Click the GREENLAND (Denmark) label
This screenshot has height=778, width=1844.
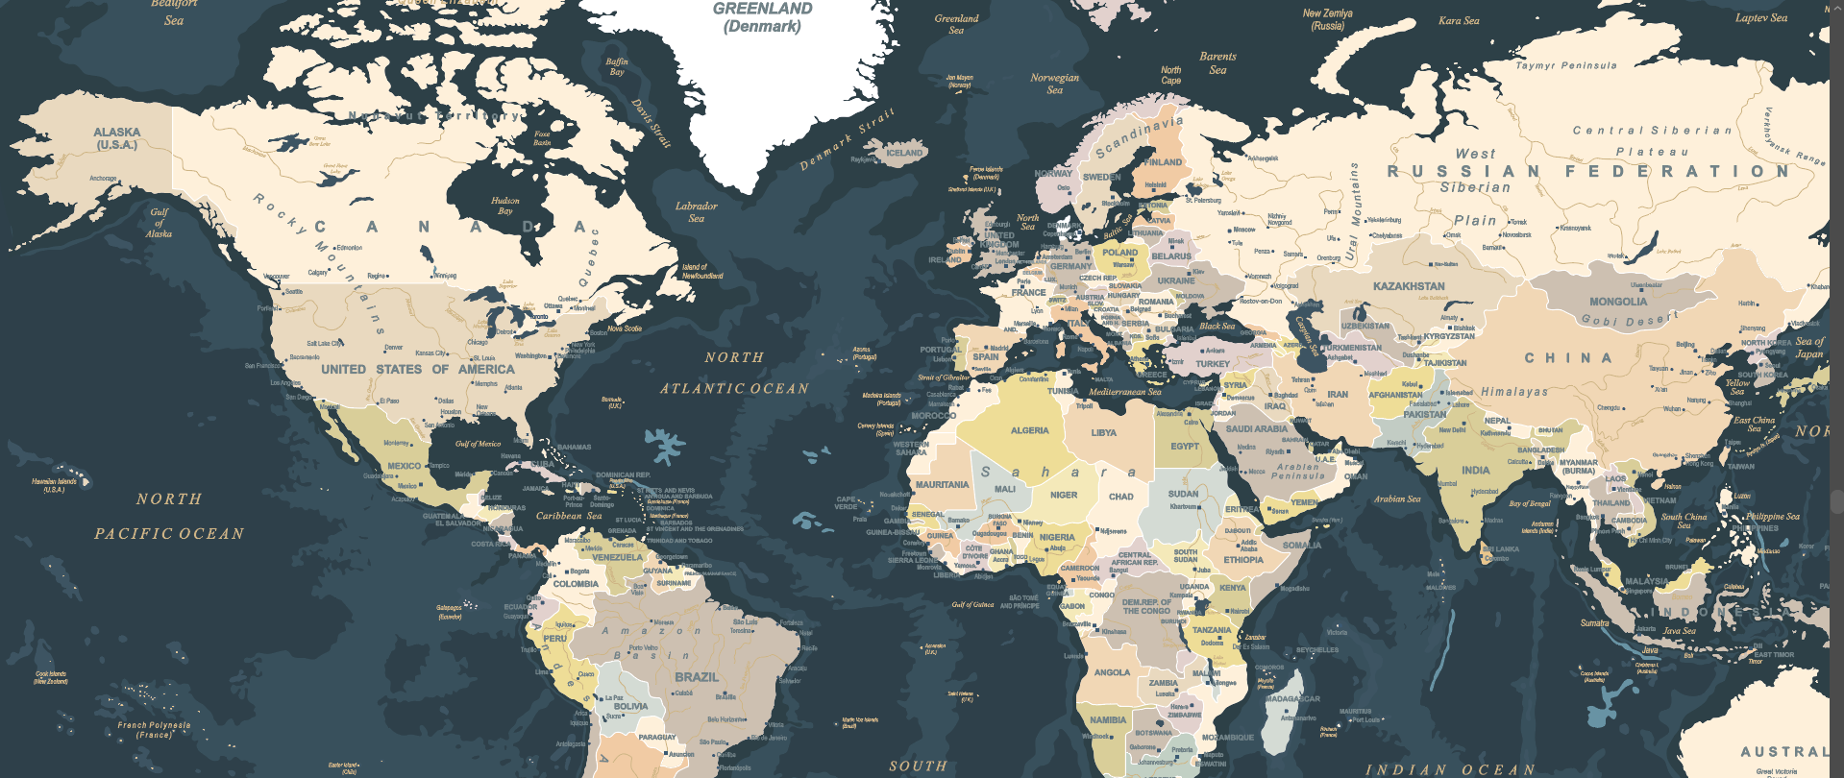point(762,17)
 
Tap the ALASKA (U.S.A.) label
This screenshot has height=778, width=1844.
point(116,138)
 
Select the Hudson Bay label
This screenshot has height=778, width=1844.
point(504,206)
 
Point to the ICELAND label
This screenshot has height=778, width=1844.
point(903,153)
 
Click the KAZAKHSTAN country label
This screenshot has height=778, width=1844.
point(1408,286)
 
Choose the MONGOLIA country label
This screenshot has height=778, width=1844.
point(1617,302)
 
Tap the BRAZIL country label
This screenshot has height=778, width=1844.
point(696,677)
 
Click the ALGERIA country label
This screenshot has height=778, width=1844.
point(1029,430)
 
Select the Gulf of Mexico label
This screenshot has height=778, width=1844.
point(478,444)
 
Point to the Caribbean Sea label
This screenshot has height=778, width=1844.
point(568,516)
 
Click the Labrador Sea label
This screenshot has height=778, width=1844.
point(696,211)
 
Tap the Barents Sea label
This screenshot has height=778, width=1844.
point(1217,62)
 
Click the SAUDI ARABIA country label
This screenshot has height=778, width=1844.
point(1256,429)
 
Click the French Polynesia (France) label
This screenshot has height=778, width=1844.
point(154,730)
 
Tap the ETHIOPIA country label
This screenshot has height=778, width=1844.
point(1242,560)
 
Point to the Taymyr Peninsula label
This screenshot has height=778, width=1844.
point(1565,66)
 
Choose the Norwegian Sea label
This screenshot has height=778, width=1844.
point(1054,84)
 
